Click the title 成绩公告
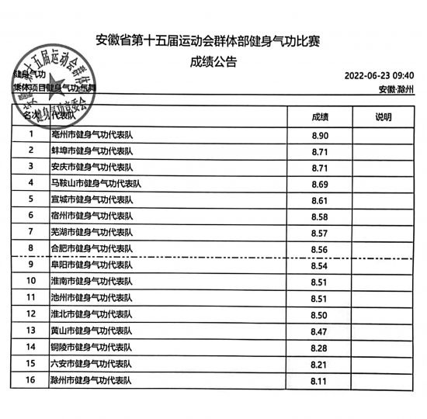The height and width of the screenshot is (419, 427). click(213, 62)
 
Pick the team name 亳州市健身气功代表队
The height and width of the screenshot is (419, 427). click(92, 135)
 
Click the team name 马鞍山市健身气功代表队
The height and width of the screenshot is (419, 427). click(97, 184)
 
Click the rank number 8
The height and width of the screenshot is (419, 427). click(31, 248)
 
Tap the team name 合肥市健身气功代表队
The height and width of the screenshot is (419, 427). click(92, 248)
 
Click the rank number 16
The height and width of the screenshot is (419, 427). click(31, 380)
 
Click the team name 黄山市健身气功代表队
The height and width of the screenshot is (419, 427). click(92, 331)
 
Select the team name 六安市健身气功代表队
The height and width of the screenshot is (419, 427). click(92, 363)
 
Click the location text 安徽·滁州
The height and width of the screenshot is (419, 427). click(397, 89)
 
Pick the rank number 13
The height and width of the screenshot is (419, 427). click(31, 331)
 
